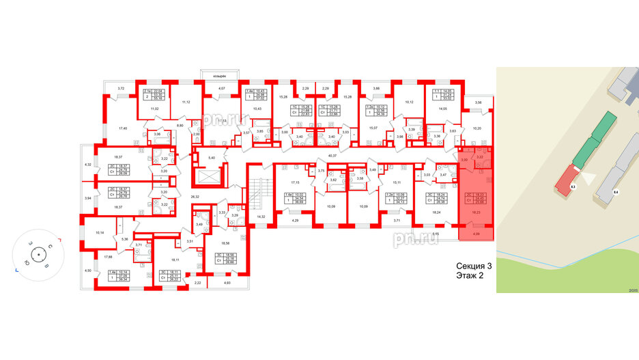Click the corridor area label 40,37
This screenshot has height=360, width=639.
334,156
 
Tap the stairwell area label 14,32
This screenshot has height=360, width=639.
261,217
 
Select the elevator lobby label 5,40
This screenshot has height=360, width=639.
211,158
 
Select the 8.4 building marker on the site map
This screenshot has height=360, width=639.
615,193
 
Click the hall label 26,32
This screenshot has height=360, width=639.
194,197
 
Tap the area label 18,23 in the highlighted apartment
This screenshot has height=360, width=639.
475,212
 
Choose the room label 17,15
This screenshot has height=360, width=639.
295,182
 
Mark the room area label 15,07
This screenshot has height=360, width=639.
373,128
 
